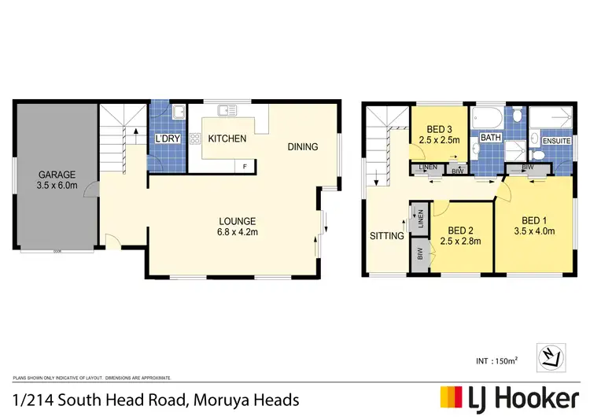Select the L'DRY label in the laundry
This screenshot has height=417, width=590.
click(x=167, y=139)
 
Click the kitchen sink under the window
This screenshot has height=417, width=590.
click(x=227, y=110)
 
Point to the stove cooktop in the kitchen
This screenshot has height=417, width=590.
click(x=194, y=138)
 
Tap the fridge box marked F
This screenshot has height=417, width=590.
click(x=245, y=166)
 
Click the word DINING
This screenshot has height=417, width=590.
click(x=302, y=146)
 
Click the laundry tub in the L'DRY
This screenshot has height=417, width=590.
click(x=178, y=111)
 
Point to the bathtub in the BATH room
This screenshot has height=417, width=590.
click(x=486, y=120)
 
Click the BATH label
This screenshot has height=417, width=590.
click(x=491, y=138)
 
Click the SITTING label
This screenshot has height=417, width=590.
click(x=386, y=235)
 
